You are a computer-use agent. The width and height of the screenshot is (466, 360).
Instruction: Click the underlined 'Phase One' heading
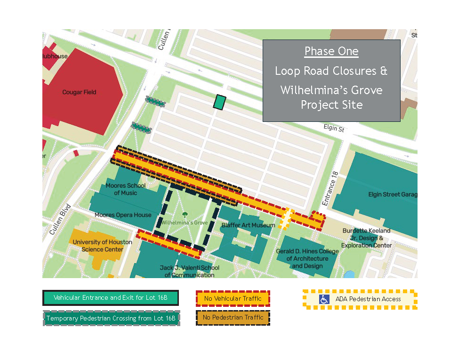(331, 51)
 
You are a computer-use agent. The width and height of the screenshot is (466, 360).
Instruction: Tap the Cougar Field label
(79, 92)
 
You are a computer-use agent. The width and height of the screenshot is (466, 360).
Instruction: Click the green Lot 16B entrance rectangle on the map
(219, 102)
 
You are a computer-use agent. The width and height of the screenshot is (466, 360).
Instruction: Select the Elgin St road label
(334, 128)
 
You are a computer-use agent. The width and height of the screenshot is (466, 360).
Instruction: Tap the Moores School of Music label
(122, 189)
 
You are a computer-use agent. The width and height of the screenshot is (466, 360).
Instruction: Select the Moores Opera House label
(123, 215)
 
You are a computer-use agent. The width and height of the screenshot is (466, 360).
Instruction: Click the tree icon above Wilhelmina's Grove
(185, 215)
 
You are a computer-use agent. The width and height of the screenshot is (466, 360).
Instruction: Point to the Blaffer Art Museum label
(248, 225)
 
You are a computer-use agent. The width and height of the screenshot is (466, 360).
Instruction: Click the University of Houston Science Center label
(102, 246)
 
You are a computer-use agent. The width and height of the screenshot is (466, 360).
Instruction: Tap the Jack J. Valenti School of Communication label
(190, 271)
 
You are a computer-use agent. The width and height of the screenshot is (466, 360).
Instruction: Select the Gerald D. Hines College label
(307, 258)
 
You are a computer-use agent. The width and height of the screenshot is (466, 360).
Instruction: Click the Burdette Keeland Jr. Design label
(366, 238)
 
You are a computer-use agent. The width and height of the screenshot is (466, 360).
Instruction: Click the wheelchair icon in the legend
(324, 299)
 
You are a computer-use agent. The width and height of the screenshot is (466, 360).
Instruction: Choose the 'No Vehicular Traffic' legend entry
(233, 298)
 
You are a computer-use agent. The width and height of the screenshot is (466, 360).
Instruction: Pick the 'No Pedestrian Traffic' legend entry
(233, 318)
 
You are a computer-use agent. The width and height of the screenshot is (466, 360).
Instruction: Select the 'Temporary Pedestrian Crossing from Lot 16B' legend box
(111, 318)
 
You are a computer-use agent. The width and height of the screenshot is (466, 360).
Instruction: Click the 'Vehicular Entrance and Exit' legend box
(111, 298)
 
